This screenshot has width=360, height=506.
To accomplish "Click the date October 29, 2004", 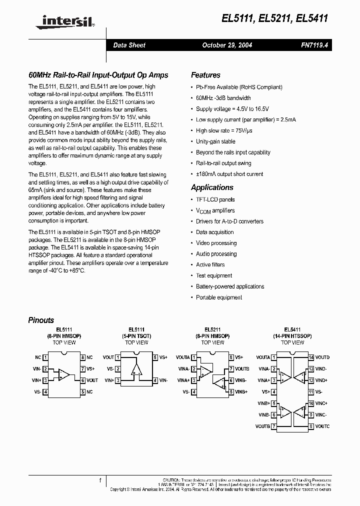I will [226, 45].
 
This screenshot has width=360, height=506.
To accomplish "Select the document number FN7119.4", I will [314, 45].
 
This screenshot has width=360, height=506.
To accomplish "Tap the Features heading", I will [205, 75].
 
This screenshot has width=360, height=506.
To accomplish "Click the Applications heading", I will [212, 187].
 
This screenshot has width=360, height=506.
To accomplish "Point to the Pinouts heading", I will [41, 320].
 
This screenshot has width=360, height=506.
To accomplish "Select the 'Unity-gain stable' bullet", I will [215, 141].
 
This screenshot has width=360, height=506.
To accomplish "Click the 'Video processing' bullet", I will [216, 243].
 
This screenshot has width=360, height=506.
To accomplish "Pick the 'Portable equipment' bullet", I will [219, 297].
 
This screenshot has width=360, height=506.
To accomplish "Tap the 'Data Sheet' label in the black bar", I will [129, 45].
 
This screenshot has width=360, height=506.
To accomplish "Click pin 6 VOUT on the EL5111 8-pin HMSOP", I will [92, 380].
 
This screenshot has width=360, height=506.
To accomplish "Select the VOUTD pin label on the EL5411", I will [322, 357].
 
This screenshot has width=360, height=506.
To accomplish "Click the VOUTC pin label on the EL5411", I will [322, 426].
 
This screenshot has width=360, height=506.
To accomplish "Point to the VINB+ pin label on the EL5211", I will [241, 392].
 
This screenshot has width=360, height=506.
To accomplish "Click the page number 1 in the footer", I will [100, 480].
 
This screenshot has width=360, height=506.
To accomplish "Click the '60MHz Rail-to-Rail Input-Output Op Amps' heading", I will [98, 75].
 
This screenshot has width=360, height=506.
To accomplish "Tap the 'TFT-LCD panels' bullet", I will [215, 199].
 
